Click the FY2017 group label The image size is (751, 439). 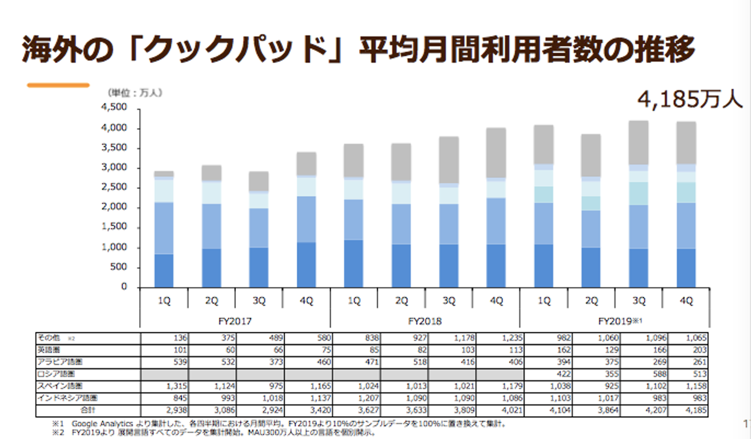[x=235, y=321]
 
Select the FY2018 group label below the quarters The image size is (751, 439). [x=425, y=321]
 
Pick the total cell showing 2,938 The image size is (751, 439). [x=174, y=409]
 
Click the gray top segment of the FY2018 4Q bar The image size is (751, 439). [x=496, y=153]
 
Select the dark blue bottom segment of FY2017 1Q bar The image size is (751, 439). [x=164, y=271]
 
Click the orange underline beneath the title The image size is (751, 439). [x=58, y=86]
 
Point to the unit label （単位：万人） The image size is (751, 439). [x=135, y=93]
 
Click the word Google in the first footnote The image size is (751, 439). [x=86, y=423]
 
